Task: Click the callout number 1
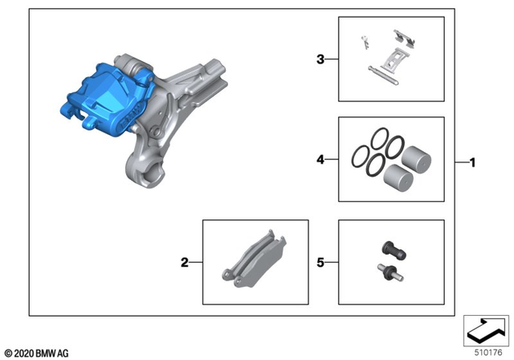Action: point(473,162)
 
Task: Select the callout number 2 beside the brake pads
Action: point(185,262)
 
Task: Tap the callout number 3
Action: point(320,59)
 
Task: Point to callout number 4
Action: point(320,160)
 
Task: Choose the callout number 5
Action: point(320,262)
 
